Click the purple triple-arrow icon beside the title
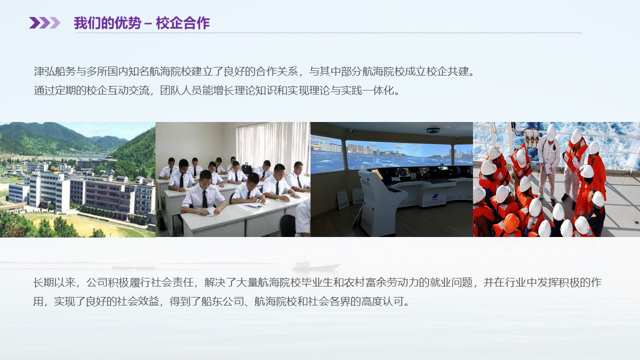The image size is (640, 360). pyautogui.click(x=44, y=23)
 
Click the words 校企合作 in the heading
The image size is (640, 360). pyautogui.click(x=183, y=23)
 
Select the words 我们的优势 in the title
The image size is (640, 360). pyautogui.click(x=107, y=23)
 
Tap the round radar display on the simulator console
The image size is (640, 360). pyautogui.click(x=403, y=172)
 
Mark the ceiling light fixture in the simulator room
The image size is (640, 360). pyautogui.click(x=433, y=130)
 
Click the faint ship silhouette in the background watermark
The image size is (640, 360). pyautogui.click(x=316, y=265)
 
